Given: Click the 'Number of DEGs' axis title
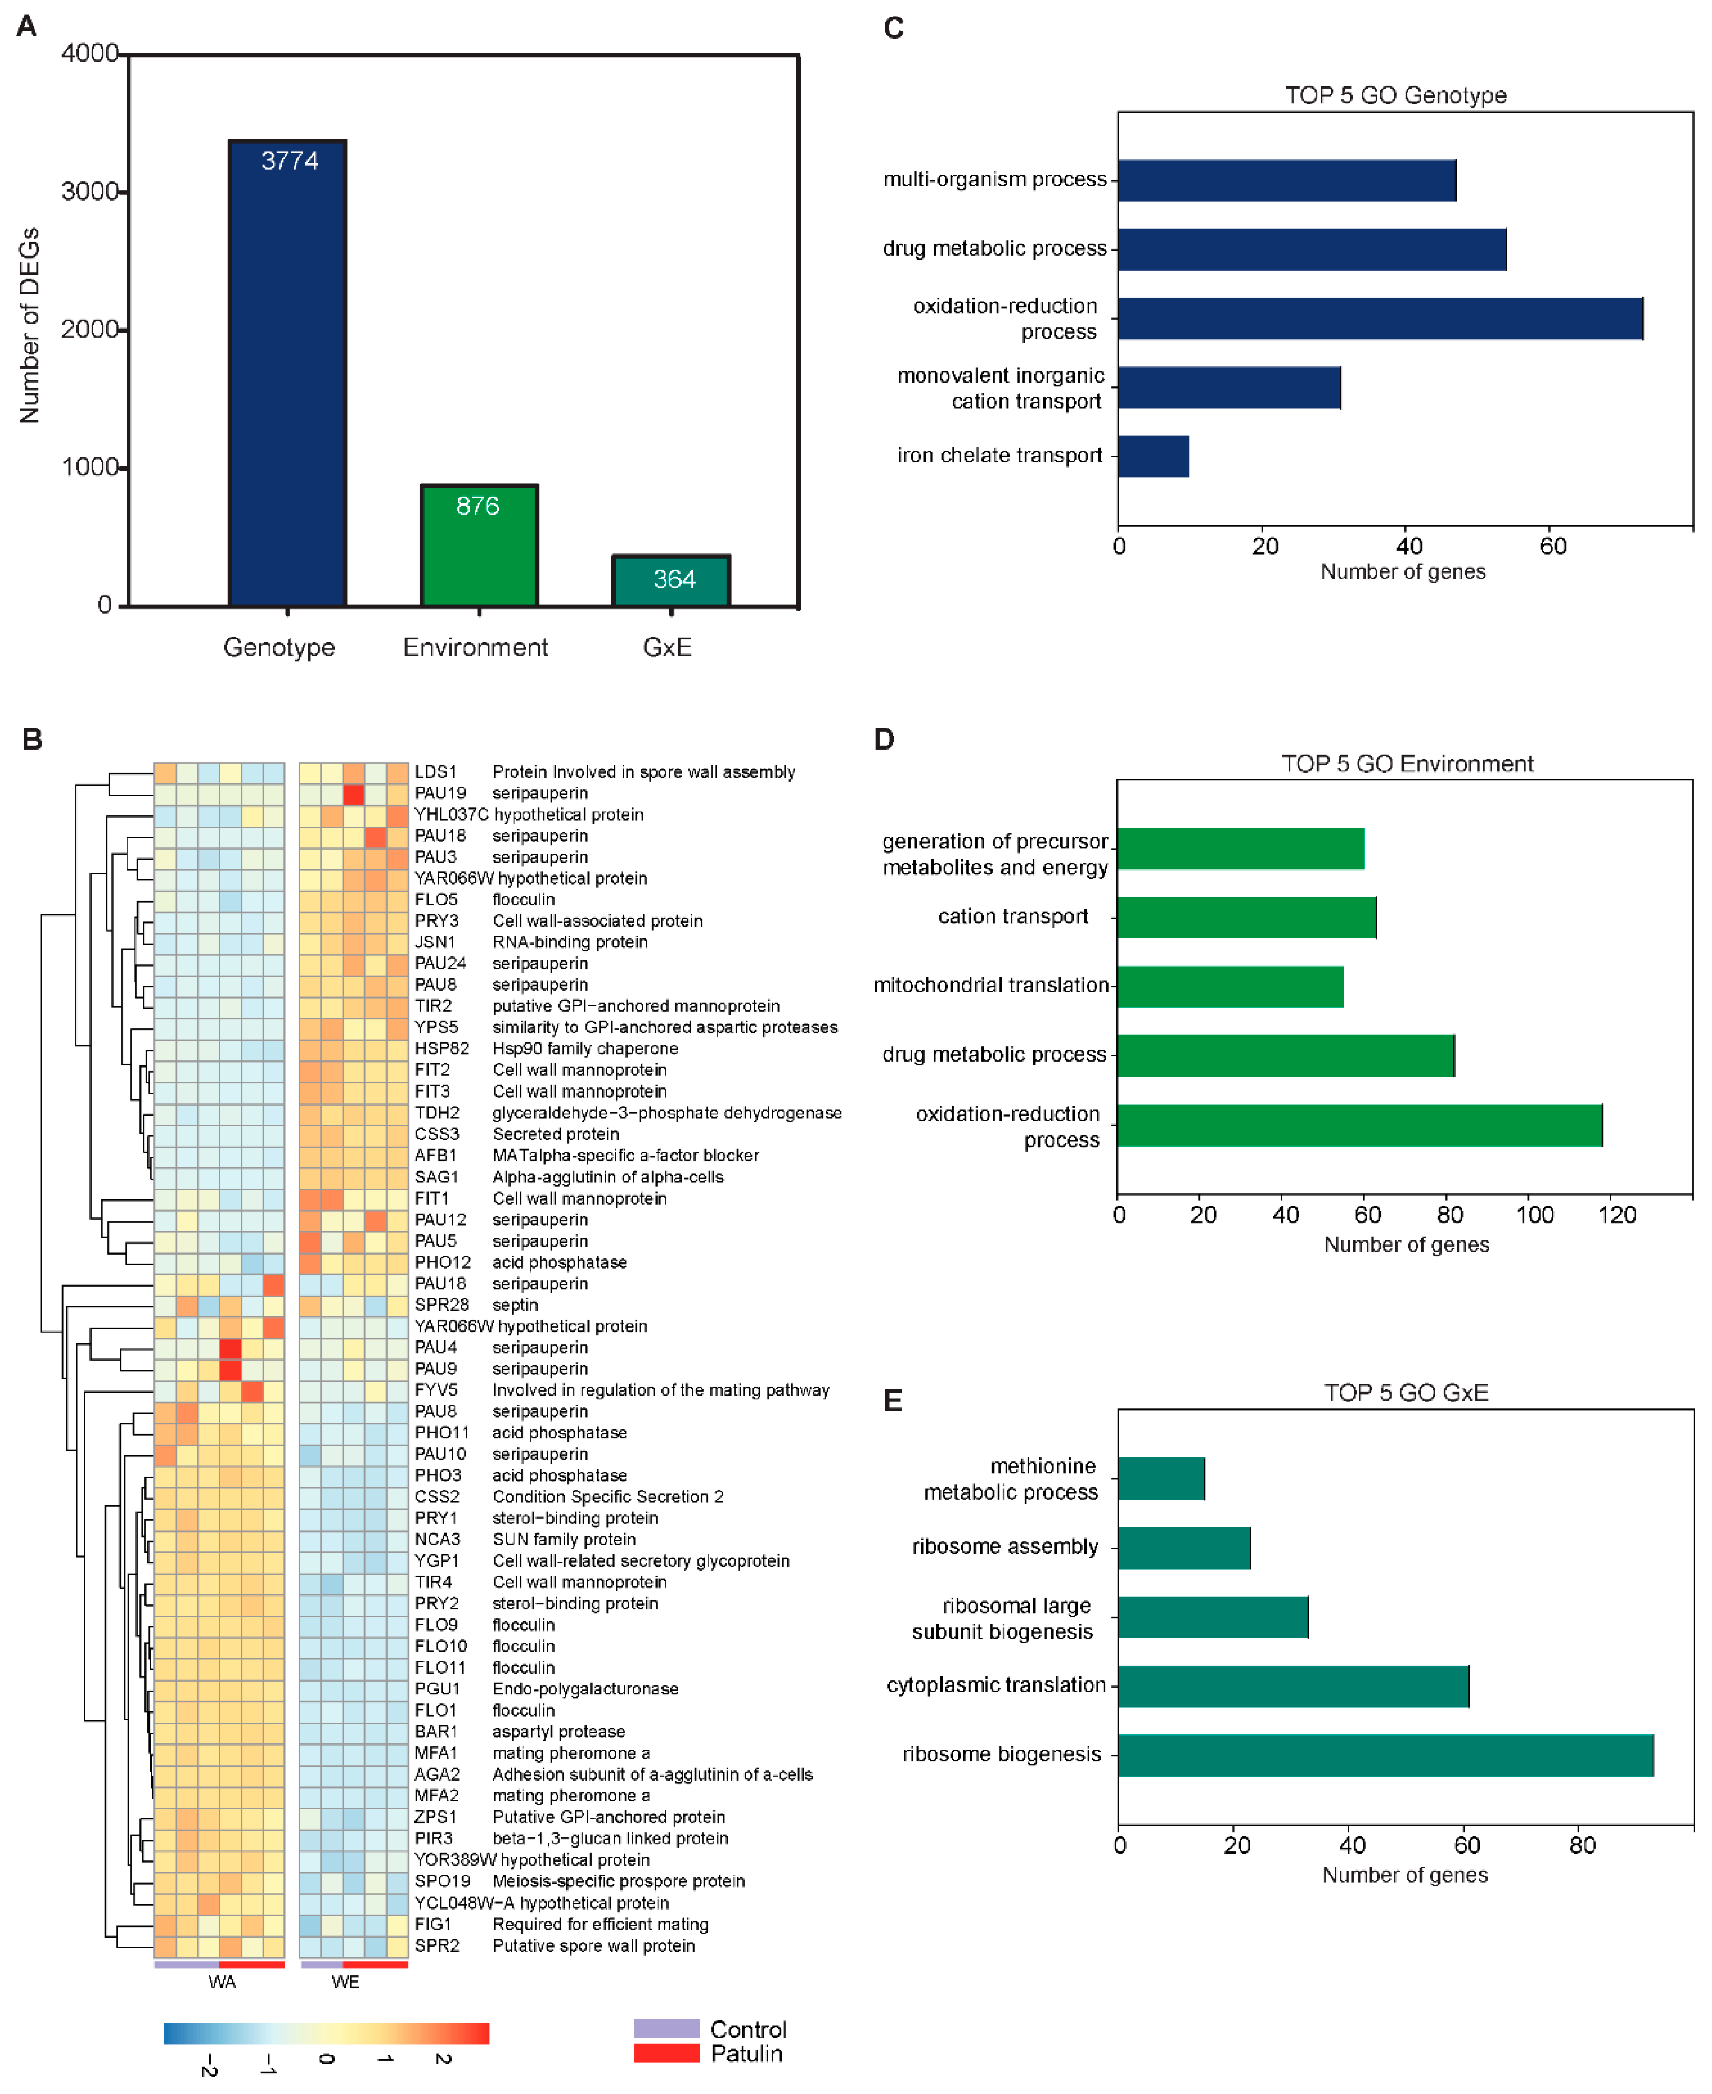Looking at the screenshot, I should tap(30, 326).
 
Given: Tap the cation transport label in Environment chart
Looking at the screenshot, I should tap(1013, 917).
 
